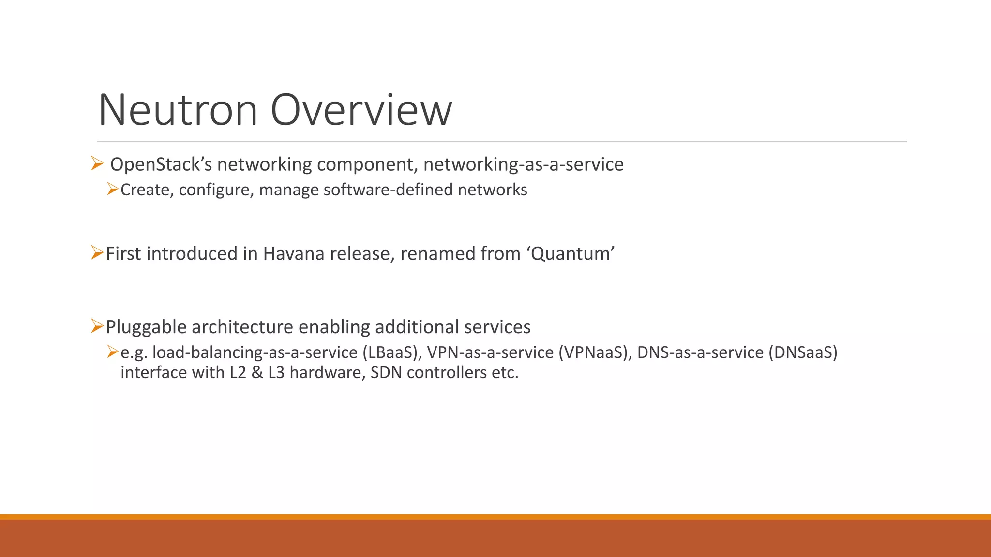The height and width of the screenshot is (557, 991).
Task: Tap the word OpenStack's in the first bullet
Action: (x=162, y=165)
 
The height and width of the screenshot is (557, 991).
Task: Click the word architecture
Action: (x=242, y=327)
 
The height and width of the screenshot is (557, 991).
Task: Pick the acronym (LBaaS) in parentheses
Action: (x=390, y=352)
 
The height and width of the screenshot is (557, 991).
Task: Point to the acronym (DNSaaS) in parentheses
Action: (x=803, y=352)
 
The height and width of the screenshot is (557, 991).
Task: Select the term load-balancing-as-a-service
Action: (x=255, y=352)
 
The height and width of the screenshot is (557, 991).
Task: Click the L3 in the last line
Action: (x=276, y=373)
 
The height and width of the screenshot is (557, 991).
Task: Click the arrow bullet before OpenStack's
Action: (x=97, y=164)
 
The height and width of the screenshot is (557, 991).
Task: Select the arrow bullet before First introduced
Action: (x=97, y=253)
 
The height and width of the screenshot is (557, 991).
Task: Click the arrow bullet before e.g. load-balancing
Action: (x=112, y=352)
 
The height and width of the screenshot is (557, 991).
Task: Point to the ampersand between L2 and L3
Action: (x=257, y=373)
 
